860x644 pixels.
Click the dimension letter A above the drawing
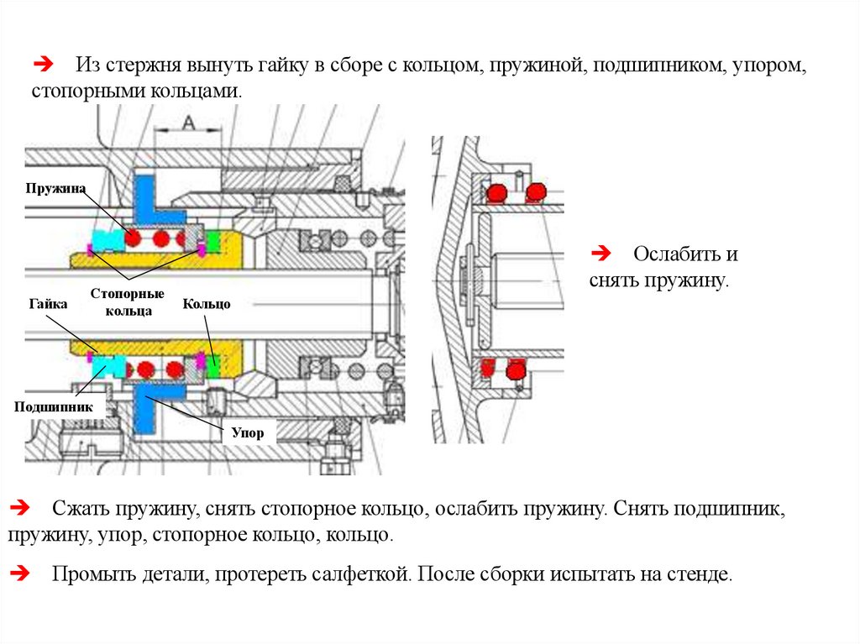189,123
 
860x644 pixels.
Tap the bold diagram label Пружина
55,188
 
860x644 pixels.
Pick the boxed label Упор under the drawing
249,433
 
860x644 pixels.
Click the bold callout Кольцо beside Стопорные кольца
207,304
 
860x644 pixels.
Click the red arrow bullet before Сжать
19,508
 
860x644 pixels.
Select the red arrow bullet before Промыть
19,574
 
